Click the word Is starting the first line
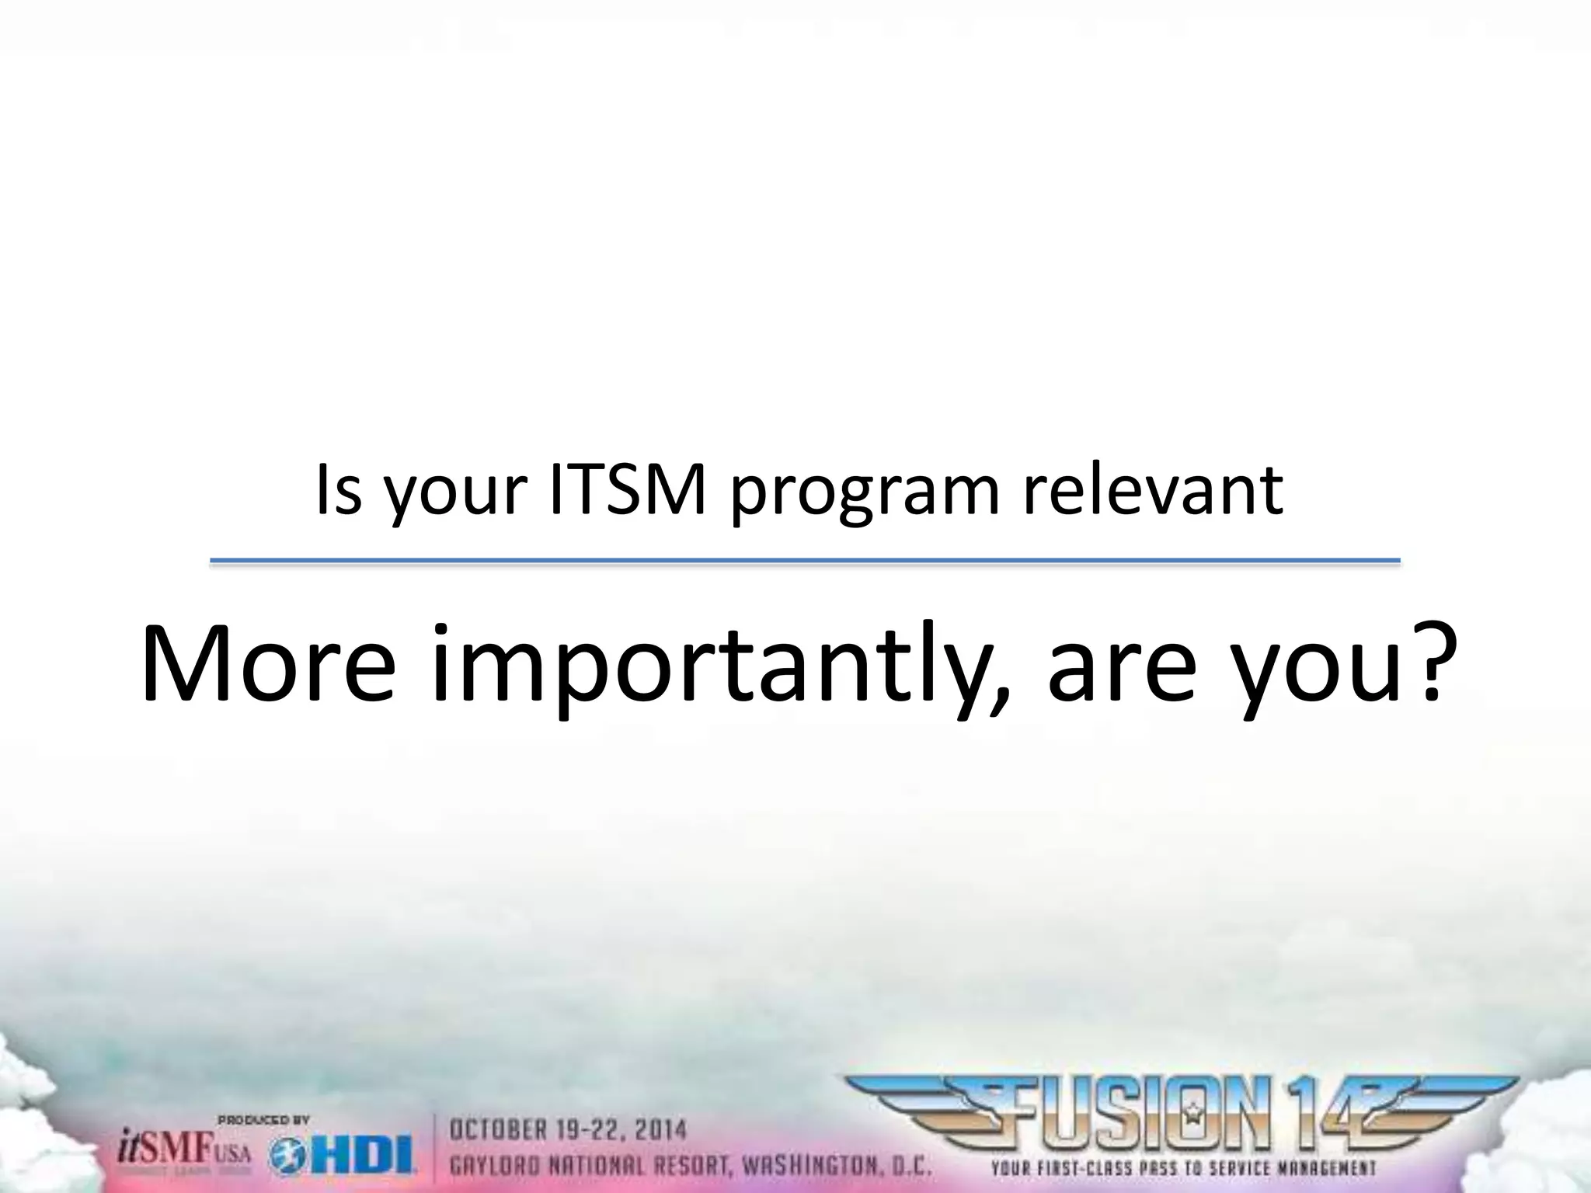[x=339, y=491]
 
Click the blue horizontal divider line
[x=804, y=561]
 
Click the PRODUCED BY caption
[x=263, y=1120]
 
